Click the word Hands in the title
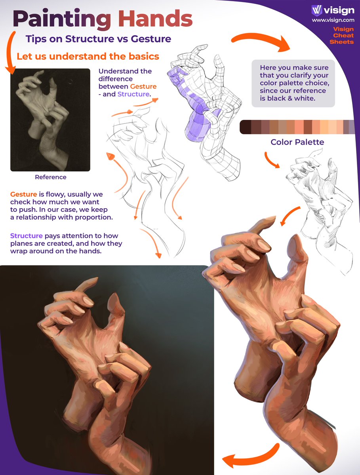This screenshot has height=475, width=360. [155, 19]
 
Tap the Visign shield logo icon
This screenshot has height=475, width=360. [316, 10]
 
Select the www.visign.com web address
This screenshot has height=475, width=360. [333, 20]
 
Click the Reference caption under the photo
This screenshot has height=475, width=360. [51, 177]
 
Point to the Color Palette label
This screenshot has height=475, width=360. [297, 142]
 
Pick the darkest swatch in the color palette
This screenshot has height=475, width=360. [246, 127]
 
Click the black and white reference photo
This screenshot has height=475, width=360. [50, 120]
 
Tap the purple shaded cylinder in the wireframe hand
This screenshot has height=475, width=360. [198, 128]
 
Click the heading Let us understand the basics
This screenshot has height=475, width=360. [88, 56]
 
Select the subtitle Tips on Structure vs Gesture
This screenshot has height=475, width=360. [98, 39]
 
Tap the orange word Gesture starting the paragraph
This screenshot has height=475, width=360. [24, 194]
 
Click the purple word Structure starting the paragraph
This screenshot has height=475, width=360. [27, 236]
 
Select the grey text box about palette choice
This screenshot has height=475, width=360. [293, 83]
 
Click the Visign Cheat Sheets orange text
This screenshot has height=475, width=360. [342, 35]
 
